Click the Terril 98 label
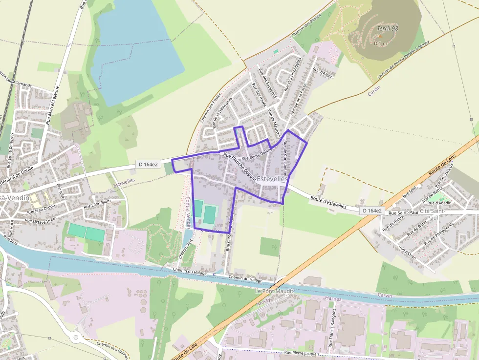388,29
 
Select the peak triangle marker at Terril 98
380,36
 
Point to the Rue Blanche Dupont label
239,167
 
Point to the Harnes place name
333,298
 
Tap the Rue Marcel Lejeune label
52,105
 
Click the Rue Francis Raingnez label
332,327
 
